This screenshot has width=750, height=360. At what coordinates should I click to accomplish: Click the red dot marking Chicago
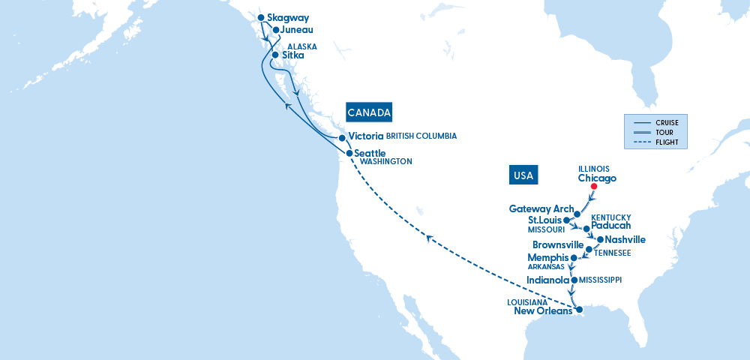593,187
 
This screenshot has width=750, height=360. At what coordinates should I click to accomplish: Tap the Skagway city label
288,18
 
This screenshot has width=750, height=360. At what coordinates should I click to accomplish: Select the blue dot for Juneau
276,31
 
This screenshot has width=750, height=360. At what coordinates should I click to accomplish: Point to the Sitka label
293,55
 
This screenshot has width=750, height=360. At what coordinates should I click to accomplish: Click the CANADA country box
369,112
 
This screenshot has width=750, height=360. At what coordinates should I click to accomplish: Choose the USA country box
523,175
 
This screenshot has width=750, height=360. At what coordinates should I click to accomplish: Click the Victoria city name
366,136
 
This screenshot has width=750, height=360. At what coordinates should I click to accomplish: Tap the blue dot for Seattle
349,153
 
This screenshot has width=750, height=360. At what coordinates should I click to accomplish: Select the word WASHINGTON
385,161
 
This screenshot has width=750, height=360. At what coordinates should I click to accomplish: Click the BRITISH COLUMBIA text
421,136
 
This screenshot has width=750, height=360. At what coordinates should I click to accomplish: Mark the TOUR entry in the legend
664,133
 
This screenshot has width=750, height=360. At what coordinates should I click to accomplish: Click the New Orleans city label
543,311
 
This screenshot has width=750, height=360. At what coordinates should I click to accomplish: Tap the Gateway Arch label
541,208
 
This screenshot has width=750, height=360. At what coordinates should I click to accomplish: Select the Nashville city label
625,240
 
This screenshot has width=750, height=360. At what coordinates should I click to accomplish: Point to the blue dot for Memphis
574,258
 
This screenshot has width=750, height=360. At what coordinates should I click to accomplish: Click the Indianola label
547,280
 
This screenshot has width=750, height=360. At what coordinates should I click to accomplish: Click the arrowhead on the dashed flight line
429,238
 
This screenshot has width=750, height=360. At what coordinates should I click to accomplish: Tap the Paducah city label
610,225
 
